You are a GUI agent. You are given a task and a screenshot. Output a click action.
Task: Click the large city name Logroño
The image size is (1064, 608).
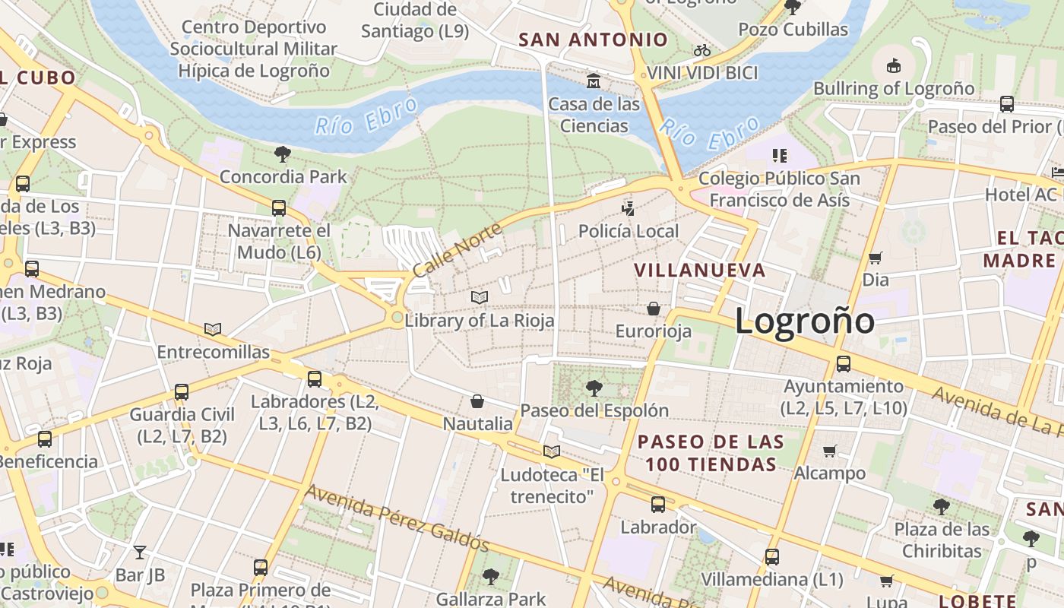pos(804,321)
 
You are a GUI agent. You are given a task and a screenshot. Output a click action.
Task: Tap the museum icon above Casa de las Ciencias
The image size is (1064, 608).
pos(594,80)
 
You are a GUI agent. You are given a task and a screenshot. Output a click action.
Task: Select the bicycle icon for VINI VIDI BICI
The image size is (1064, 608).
pos(702,51)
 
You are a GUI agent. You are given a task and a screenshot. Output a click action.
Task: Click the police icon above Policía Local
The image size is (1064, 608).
pos(628,207)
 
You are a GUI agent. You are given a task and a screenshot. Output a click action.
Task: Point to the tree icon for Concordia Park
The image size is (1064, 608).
pos(283,154)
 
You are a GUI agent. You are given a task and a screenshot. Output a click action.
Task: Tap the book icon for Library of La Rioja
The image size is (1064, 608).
pos(479,297)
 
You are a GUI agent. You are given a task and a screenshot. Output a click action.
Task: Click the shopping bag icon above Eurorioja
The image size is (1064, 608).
pos(653,309)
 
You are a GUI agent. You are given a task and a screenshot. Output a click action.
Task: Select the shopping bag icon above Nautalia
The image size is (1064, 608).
pos(477,401)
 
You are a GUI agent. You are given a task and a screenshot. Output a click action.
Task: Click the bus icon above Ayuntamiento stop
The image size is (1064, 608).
pos(844,364)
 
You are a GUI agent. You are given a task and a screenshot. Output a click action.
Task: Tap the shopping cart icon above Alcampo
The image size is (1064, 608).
pos(830,451)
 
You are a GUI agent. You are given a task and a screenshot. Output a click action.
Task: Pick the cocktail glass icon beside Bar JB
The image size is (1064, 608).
pos(140,552)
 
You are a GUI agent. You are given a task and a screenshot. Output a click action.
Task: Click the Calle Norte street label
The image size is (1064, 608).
pos(458,250)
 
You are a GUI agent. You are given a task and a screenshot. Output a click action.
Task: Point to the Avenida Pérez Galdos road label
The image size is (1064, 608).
pos(396,518)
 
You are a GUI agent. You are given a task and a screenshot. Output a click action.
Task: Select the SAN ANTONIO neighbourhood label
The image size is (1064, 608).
pos(593,40)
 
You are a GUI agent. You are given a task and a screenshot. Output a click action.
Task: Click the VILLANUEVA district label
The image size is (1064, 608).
pos(699,270)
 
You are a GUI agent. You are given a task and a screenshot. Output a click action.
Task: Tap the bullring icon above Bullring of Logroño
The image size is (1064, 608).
pos(894,66)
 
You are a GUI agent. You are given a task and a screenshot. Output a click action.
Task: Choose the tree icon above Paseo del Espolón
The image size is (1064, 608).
pos(594,388)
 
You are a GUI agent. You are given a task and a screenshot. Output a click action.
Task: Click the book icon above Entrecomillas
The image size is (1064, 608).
pos(213,329)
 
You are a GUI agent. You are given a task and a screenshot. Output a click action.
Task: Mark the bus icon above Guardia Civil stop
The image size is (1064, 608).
pos(182,392)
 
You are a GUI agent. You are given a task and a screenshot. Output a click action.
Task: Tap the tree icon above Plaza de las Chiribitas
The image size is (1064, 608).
pos(942,506)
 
